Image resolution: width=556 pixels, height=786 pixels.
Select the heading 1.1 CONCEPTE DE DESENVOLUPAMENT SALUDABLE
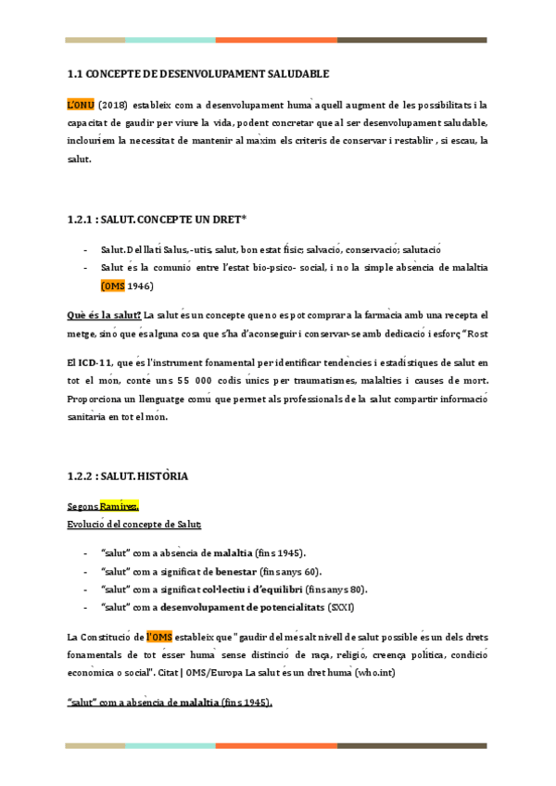(199, 72)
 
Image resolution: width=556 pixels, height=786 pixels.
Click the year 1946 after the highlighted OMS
(140, 285)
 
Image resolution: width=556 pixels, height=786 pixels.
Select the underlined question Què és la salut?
(104, 315)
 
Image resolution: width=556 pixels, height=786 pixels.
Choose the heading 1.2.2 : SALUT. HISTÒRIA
(128, 476)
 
